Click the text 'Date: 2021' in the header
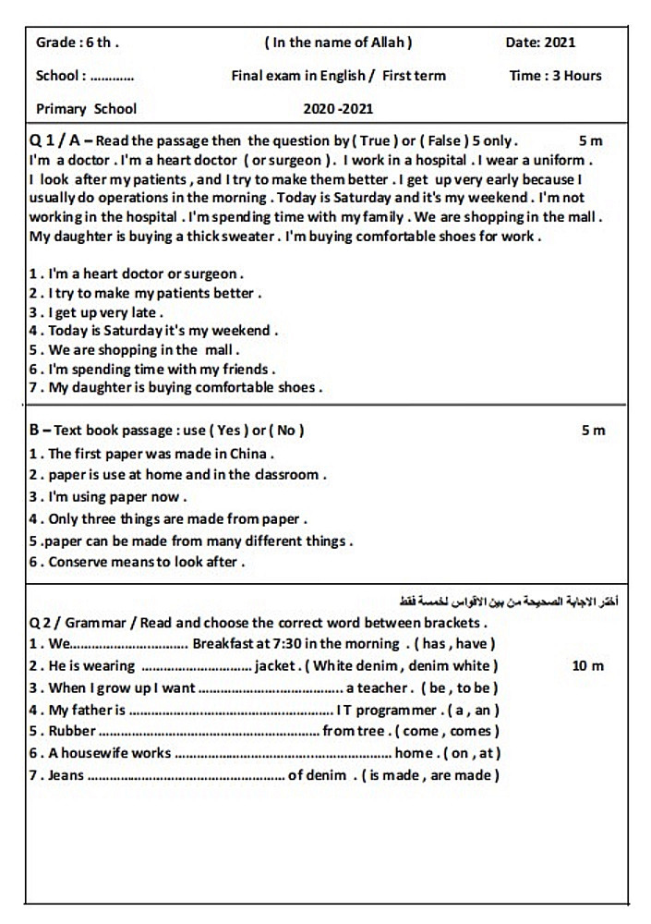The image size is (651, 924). tap(540, 42)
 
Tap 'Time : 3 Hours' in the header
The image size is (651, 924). tap(555, 76)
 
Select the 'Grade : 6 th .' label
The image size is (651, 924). tap(78, 42)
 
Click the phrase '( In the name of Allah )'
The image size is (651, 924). tap(338, 42)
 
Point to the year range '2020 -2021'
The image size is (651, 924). tap(338, 109)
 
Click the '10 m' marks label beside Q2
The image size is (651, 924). tap(588, 665)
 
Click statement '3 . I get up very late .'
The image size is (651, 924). tap(96, 312)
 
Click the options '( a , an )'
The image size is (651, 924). tap(473, 710)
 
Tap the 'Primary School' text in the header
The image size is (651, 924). tap(86, 109)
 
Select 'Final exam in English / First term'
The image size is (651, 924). tap(338, 76)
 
